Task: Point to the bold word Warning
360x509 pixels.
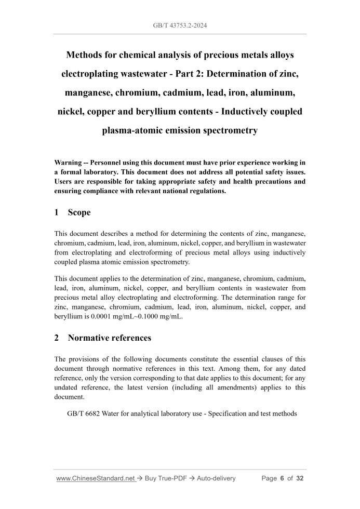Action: pyautogui.click(x=71, y=163)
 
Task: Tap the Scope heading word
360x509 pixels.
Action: pyautogui.click(x=79, y=212)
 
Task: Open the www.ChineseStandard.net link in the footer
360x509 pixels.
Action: pyautogui.click(x=96, y=478)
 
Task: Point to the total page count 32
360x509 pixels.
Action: pyautogui.click(x=299, y=478)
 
